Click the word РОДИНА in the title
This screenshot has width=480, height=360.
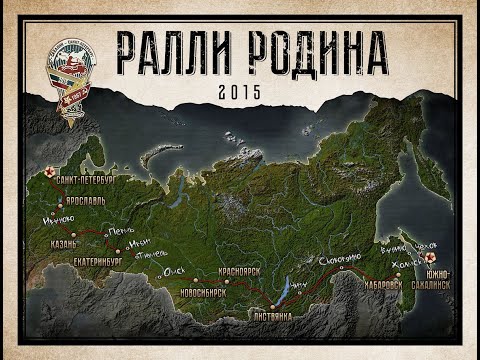[x=304, y=51]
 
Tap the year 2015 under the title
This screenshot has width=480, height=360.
[x=238, y=90]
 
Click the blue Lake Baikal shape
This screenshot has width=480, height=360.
[x=290, y=284]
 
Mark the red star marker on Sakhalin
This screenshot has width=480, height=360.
[x=442, y=257]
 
